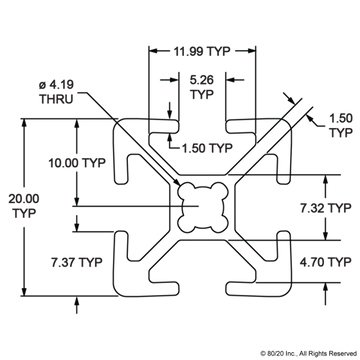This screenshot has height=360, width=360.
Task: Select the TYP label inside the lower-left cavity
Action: coord(76,263)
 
